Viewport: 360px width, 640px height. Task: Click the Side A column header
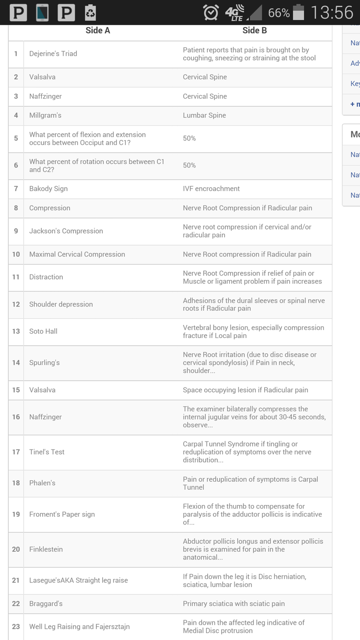tap(98, 31)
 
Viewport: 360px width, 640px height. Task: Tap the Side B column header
tap(254, 31)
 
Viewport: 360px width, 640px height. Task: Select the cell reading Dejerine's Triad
tap(53, 54)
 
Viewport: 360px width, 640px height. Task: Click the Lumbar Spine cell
tap(204, 115)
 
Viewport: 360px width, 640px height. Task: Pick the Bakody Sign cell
tap(49, 189)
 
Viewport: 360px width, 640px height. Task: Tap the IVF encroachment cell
tap(211, 189)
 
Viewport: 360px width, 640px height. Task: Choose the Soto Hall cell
tap(43, 331)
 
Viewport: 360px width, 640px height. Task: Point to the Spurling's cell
tap(45, 363)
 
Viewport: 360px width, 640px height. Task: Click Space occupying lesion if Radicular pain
tap(245, 390)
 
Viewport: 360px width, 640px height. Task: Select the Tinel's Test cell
tap(47, 452)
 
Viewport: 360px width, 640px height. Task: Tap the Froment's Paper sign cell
tap(62, 514)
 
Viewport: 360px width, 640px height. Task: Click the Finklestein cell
tap(46, 549)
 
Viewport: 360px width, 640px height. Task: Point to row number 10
tap(16, 254)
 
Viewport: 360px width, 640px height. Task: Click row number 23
tap(16, 626)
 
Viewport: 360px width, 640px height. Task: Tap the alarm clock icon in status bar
tap(211, 13)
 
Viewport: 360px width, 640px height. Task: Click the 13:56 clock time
tap(332, 13)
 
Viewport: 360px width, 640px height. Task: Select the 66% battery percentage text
tap(279, 13)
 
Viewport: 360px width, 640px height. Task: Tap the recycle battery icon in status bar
tap(90, 13)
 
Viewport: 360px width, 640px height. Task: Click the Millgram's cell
tap(45, 115)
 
